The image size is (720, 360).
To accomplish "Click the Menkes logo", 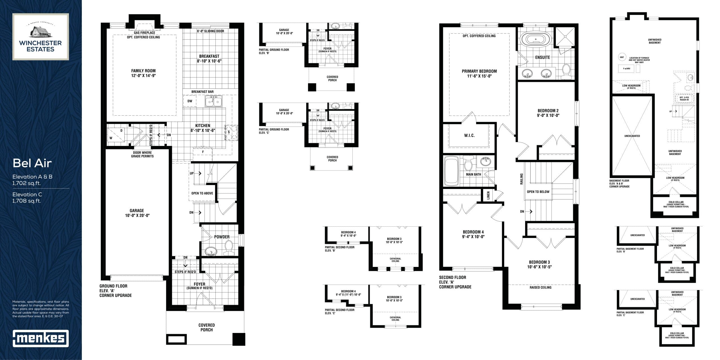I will (x=41, y=338).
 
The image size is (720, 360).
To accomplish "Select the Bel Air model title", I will (x=32, y=163).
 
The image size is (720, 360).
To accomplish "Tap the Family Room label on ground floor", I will (x=143, y=73).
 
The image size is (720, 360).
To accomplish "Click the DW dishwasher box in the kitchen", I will (x=190, y=101).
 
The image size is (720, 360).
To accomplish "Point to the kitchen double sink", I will (x=213, y=101).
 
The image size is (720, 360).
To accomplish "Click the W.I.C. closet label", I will (x=469, y=136).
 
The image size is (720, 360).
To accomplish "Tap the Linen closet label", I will (x=488, y=195).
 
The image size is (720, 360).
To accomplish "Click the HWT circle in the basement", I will (x=622, y=57).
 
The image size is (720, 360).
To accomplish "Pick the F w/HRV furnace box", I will (x=626, y=69).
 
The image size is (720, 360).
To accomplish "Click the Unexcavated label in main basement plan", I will (x=632, y=136).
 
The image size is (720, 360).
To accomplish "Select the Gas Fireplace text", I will (x=144, y=33).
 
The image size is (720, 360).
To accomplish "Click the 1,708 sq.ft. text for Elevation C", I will (x=27, y=201).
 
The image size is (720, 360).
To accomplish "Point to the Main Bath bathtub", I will (x=451, y=171).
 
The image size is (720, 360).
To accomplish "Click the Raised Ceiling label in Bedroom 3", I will (x=540, y=287).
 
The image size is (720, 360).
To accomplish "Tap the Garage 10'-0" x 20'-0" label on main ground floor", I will (x=137, y=213).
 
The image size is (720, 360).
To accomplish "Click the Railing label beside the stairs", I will (x=521, y=179).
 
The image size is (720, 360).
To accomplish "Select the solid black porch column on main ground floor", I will (x=238, y=339).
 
